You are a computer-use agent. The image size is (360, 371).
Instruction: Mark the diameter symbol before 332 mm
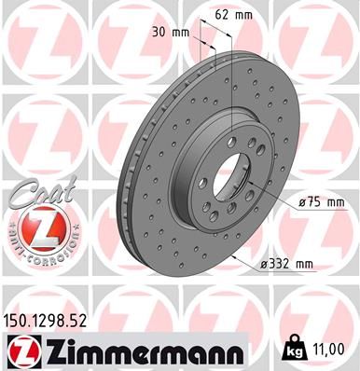(x=265, y=264)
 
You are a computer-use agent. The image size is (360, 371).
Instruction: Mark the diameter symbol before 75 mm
(x=303, y=200)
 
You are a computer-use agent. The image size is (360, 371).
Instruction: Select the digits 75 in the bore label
(x=315, y=200)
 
